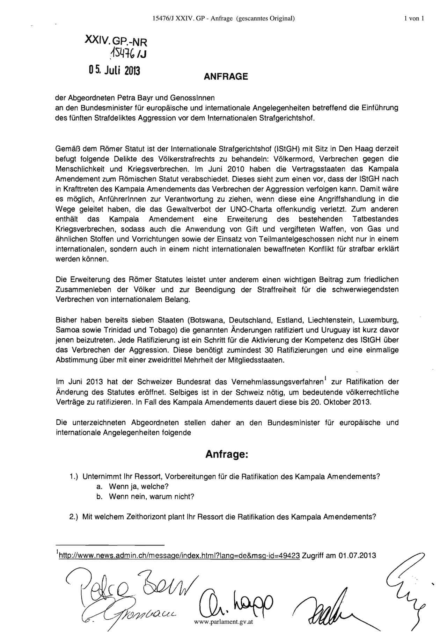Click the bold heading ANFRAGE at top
pyautogui.click(x=226, y=77)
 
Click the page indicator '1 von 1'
pyautogui.click(x=414, y=19)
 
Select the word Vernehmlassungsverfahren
pyautogui.click(x=275, y=382)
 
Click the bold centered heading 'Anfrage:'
pyautogui.click(x=226, y=454)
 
